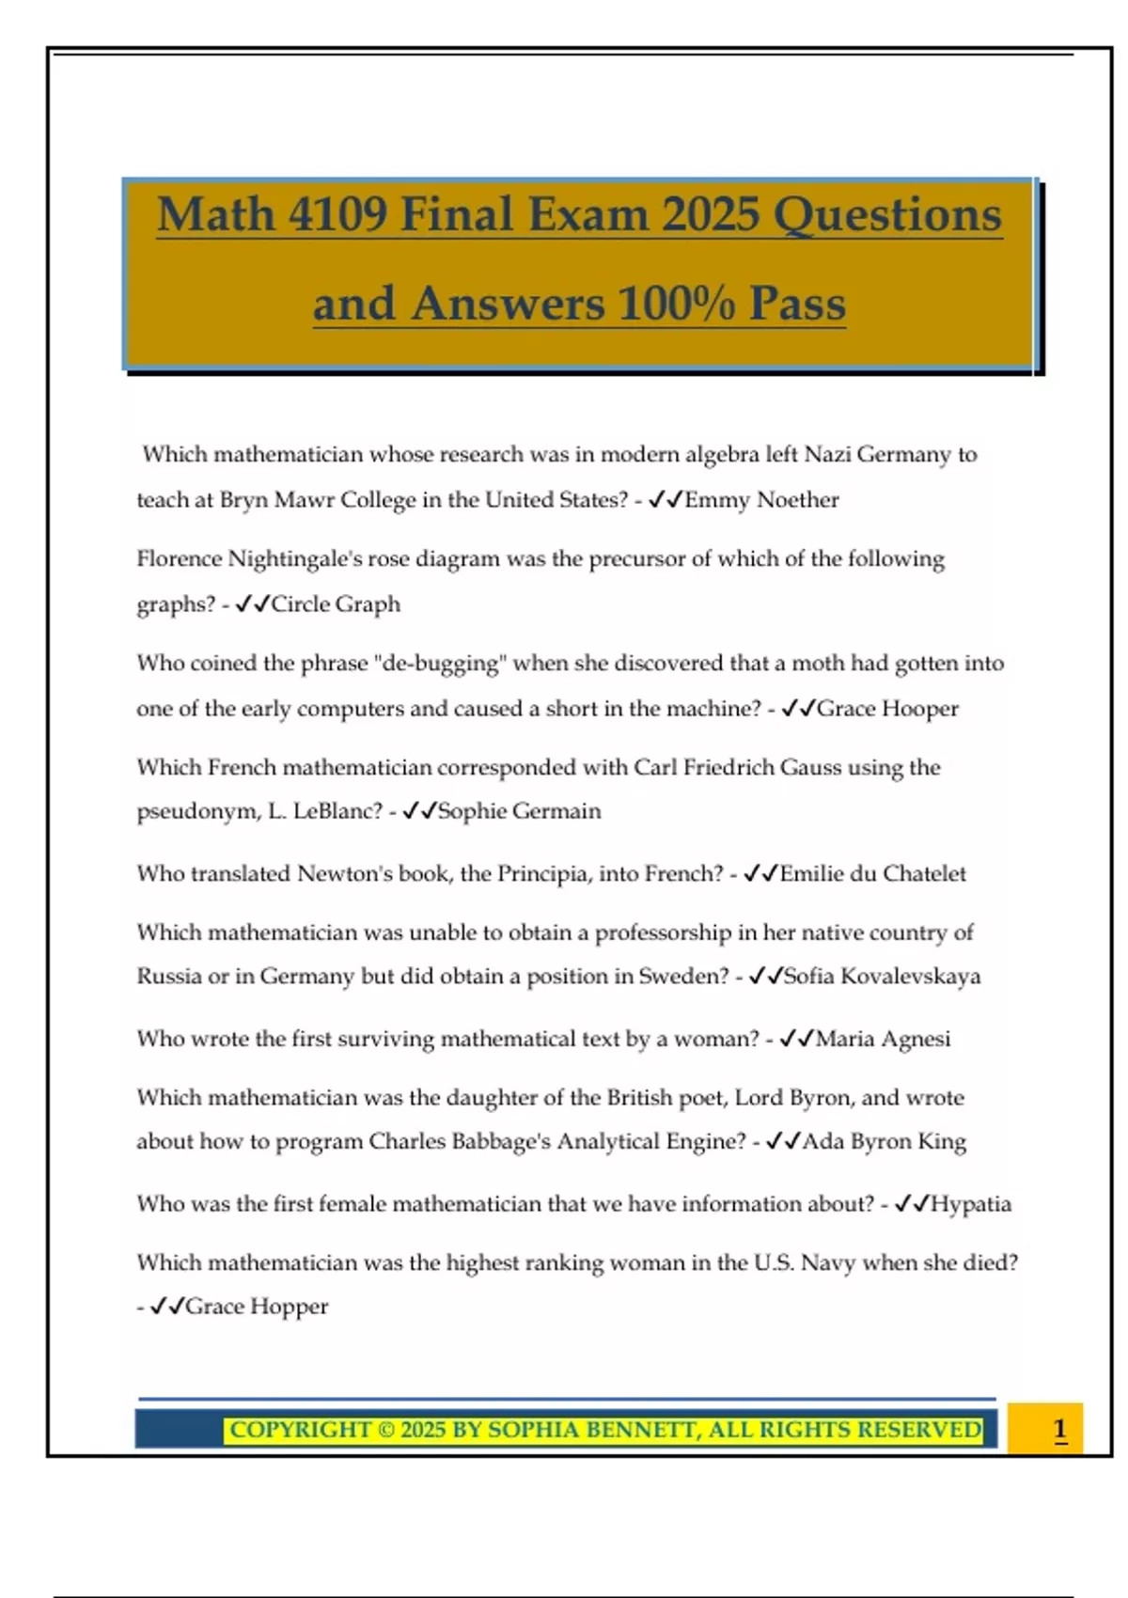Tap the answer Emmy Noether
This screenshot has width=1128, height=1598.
pyautogui.click(x=761, y=500)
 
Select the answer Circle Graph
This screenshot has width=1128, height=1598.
pyautogui.click(x=336, y=603)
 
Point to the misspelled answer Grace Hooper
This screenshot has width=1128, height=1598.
pyautogui.click(x=887, y=709)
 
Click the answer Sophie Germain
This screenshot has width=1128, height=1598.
pyautogui.click(x=519, y=811)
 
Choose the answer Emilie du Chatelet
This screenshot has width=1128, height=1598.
pyautogui.click(x=872, y=874)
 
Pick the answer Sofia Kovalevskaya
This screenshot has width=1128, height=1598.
pyautogui.click(x=882, y=977)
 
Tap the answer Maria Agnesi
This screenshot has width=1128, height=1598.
pyautogui.click(x=883, y=1039)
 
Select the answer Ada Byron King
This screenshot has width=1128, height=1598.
pyautogui.click(x=884, y=1141)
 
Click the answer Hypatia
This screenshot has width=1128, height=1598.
pyautogui.click(x=971, y=1204)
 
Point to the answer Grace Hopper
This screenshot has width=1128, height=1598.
pyautogui.click(x=257, y=1307)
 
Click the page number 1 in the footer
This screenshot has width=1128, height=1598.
pyautogui.click(x=1059, y=1430)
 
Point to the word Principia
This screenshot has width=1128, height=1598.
pyautogui.click(x=542, y=874)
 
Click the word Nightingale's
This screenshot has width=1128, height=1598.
pyautogui.click(x=295, y=559)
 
